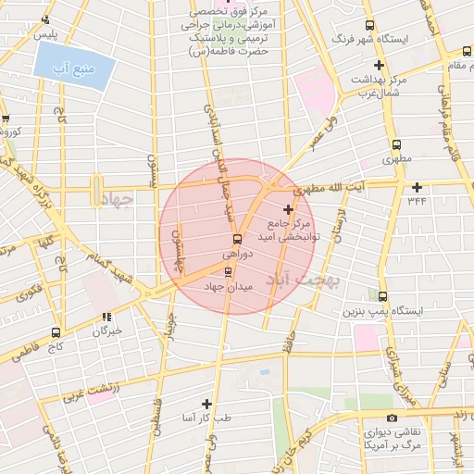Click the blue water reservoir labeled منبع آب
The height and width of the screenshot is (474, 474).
(75, 65)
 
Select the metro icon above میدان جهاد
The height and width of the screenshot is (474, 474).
(229, 271)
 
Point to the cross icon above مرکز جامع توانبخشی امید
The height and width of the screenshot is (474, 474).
(288, 209)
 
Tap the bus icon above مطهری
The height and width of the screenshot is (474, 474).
(397, 144)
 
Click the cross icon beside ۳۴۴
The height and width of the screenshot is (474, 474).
(418, 187)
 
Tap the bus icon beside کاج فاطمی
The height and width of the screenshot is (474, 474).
(56, 332)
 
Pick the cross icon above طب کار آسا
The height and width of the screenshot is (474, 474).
(206, 405)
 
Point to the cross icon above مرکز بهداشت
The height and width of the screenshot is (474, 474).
(378, 65)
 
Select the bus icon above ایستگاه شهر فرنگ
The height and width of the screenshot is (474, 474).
(371, 25)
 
